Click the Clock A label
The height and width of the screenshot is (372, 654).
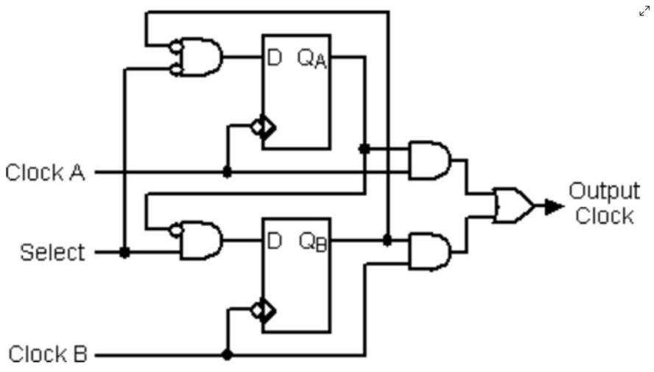coord(45,172)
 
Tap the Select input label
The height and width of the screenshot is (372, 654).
coord(52,253)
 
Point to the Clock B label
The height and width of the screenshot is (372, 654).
coord(48,354)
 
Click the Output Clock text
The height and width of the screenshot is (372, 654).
coord(604,203)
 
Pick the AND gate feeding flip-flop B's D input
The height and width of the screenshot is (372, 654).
coord(200,240)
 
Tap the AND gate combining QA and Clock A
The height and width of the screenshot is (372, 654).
coord(430,160)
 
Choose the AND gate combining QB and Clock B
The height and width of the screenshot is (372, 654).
coord(430,252)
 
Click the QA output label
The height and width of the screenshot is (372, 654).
coord(312,59)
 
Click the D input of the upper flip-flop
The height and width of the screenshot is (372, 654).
coord(273,57)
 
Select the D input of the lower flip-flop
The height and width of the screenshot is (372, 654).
coord(273,240)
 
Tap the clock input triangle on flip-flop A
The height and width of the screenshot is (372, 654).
coord(267,127)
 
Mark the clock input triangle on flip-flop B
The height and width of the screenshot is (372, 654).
coord(267,310)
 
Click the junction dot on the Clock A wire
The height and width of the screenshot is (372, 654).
coord(227,172)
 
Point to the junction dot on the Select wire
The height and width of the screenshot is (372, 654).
coord(124,253)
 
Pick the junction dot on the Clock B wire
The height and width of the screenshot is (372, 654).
coord(227,355)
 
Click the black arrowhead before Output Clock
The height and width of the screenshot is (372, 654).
coord(554,206)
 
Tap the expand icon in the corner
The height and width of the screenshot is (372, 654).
coord(644,10)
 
